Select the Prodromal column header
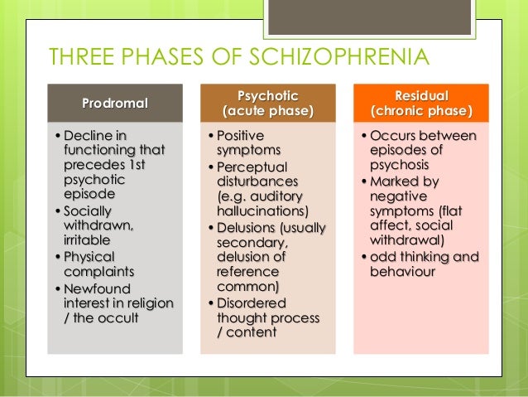click(115, 104)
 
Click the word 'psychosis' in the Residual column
click(399, 164)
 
